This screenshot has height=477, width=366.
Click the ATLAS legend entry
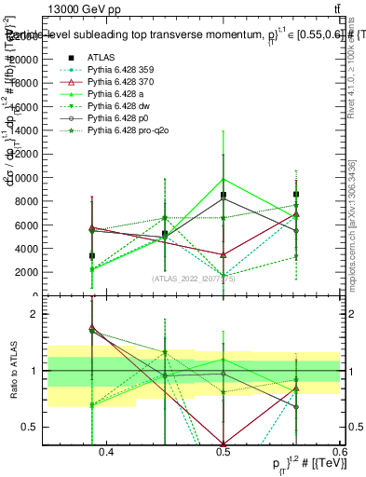(x=102, y=58)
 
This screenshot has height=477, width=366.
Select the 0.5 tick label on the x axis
(x=223, y=452)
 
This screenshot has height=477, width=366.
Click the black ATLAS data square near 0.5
(x=224, y=195)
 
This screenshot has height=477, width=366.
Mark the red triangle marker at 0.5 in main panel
(x=224, y=254)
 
